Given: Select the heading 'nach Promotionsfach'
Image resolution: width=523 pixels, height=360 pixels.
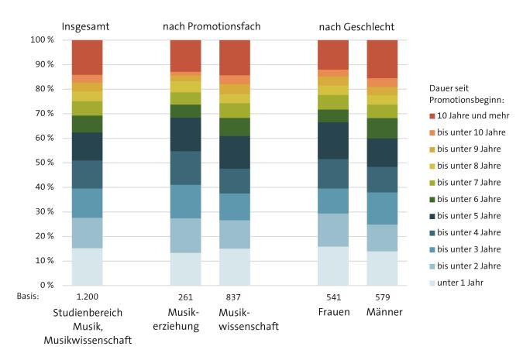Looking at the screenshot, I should click(211, 27).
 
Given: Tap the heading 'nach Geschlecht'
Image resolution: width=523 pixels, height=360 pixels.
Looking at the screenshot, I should click(356, 27).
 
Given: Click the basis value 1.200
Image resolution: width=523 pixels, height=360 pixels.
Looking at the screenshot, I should click(88, 296).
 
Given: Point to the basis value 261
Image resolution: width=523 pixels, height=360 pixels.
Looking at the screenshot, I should click(186, 296).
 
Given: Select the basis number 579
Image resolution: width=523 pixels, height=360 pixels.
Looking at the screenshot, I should click(382, 296).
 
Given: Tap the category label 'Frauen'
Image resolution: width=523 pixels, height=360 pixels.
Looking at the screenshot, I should click(333, 312).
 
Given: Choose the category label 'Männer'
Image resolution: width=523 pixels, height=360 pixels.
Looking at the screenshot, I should click(382, 312).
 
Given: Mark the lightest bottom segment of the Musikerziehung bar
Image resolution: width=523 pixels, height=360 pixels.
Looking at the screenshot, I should click(186, 269).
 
